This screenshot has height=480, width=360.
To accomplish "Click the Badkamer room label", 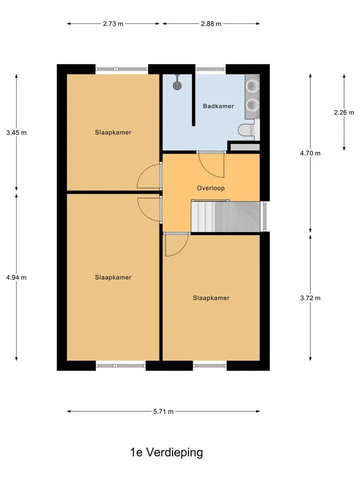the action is (218, 106).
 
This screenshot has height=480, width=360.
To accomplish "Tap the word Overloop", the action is (210, 188).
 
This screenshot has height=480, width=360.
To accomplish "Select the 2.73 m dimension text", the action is (113, 23).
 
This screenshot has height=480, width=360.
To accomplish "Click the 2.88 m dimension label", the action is (211, 23).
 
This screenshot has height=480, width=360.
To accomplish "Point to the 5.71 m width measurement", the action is (163, 411).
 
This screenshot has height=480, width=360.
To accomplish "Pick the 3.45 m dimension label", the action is (16, 132).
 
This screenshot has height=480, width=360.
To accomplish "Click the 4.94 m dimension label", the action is (16, 277).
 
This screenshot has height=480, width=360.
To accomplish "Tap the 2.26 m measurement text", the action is (344, 112).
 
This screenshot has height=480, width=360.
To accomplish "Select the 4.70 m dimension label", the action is (310, 153).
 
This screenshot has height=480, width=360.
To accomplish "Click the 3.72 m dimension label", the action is (310, 298).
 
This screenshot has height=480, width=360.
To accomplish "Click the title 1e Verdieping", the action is (166, 452).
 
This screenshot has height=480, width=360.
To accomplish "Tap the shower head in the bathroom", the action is (177, 84).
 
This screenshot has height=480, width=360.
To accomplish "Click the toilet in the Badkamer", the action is (246, 130).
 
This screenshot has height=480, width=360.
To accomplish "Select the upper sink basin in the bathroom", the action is (252, 86).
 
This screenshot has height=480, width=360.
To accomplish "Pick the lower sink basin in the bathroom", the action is (252, 105).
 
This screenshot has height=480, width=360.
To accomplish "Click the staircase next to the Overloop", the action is (225, 216).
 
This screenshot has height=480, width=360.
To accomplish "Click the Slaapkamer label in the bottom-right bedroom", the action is (211, 298).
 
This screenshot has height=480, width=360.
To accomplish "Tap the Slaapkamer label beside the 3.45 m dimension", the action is (113, 132).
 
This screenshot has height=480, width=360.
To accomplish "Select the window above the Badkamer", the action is (210, 69).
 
